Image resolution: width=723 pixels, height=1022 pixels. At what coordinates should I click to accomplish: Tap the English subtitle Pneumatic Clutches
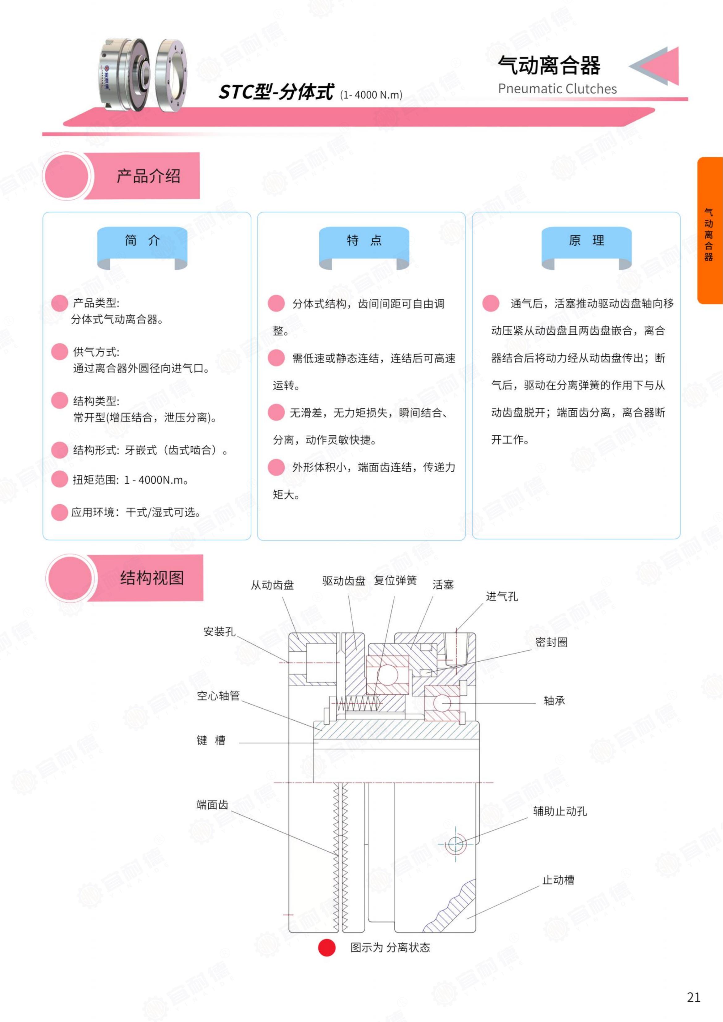pyautogui.click(x=557, y=89)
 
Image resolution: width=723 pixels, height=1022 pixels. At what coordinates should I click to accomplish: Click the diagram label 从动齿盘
pyautogui.click(x=272, y=585)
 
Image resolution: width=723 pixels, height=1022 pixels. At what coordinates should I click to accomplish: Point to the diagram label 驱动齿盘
pyautogui.click(x=344, y=581)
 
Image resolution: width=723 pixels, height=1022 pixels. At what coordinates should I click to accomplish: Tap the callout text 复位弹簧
pyautogui.click(x=395, y=580)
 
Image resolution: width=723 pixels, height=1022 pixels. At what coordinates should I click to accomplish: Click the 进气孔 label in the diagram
pyautogui.click(x=502, y=596)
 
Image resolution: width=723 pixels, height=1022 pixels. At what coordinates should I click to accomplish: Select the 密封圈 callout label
pyautogui.click(x=551, y=642)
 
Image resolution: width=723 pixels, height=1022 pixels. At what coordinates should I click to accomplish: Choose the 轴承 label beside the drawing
pyautogui.click(x=554, y=701)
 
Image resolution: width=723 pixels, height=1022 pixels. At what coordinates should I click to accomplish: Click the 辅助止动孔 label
pyautogui.click(x=560, y=811)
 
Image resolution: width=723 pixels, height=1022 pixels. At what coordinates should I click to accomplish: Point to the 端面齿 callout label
pyautogui.click(x=212, y=804)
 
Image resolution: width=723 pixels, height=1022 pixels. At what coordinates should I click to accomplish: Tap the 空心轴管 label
pyautogui.click(x=218, y=695)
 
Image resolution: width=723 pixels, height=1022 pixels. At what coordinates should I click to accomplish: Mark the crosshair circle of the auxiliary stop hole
pyautogui.click(x=455, y=843)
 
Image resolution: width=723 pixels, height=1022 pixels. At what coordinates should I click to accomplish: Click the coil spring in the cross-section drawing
pyautogui.click(x=358, y=704)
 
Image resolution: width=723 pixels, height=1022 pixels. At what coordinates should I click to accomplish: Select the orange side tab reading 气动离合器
pyautogui.click(x=710, y=231)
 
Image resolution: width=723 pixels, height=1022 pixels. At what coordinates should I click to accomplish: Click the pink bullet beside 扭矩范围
pyautogui.click(x=59, y=479)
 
